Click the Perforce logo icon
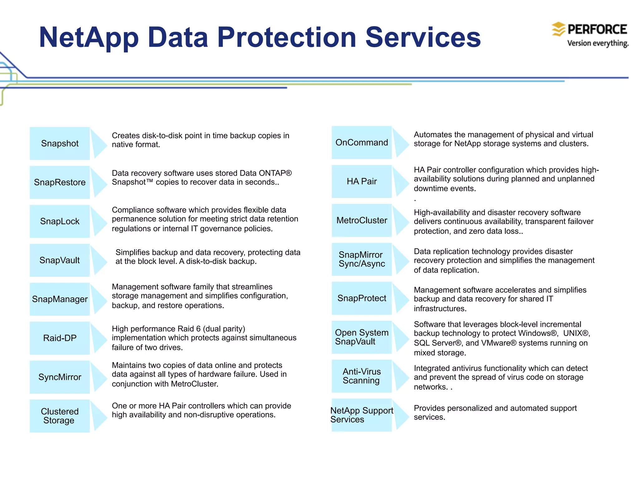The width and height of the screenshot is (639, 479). [558, 29]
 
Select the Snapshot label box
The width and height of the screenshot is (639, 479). [60, 143]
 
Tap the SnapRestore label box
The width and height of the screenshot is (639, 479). [60, 182]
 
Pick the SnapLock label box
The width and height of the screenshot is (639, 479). [60, 221]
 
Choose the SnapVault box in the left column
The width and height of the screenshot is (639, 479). [60, 260]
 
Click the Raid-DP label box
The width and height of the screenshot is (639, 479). [60, 338]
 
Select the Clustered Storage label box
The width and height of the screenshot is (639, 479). [60, 416]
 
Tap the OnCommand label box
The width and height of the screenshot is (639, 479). [362, 143]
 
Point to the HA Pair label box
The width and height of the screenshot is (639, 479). [362, 181]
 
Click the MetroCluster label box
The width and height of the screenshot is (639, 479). [362, 220]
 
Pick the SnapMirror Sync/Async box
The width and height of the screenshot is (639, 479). [362, 259]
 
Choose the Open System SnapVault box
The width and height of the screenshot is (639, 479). [362, 337]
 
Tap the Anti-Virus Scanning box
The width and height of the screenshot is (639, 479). [362, 376]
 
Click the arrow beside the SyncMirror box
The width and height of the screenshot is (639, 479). [99, 377]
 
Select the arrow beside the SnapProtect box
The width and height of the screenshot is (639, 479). [401, 298]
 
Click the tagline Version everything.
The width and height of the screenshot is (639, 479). [598, 43]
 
